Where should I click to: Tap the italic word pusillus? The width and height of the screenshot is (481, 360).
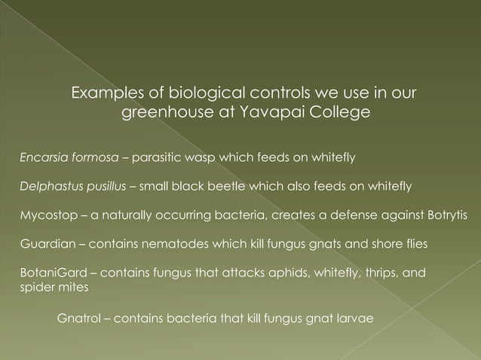tap(104, 185)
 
